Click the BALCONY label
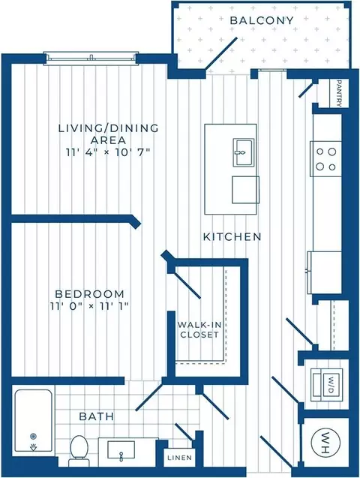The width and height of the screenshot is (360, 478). point(262,20)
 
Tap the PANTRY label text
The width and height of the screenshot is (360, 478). point(339,93)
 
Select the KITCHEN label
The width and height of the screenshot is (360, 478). point(232,236)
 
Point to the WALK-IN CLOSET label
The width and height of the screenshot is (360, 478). point(199,329)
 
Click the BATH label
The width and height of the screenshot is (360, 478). point(96,416)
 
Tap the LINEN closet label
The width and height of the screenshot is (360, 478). point(180,457)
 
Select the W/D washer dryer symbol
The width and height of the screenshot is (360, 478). point(326,385)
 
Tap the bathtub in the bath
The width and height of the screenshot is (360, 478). point(33,421)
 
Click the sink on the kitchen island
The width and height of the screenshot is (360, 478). point(243,152)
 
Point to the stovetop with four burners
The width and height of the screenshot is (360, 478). point(325,159)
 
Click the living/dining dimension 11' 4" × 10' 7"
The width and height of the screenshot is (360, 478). point(108,152)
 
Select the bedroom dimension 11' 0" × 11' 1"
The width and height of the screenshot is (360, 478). point(89,305)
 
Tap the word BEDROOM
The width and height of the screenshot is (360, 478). point(89,294)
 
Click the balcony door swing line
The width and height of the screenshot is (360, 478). point(220,54)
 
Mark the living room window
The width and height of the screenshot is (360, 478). point(91,59)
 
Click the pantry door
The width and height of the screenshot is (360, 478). point(307,89)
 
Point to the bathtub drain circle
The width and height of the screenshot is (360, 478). point(33,437)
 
